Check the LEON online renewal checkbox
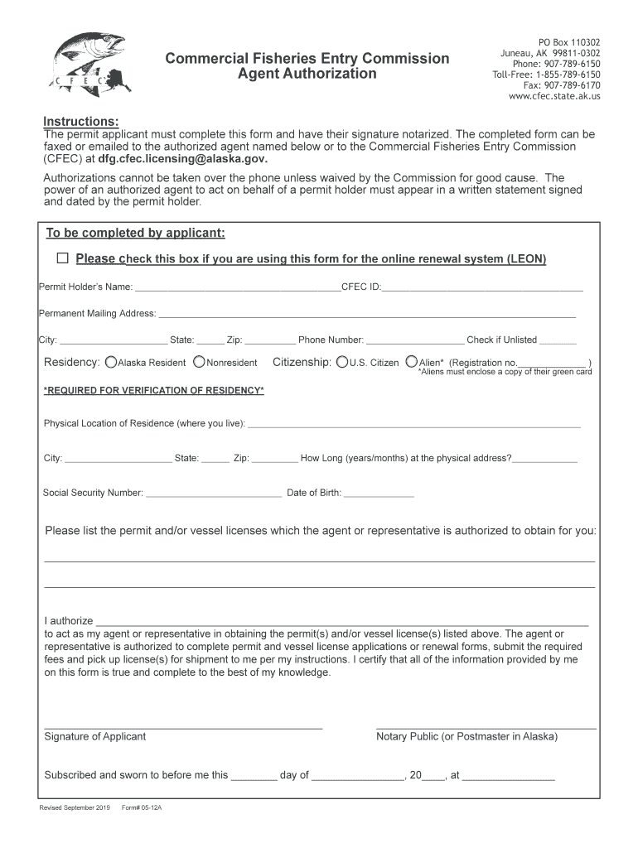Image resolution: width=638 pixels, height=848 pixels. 63,258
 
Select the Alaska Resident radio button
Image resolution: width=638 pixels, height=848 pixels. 111,362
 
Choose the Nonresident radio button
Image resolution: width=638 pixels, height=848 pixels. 199,362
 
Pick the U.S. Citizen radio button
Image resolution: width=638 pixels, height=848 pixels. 341,362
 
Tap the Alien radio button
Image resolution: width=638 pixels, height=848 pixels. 412,362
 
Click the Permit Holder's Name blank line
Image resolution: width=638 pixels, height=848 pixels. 237,289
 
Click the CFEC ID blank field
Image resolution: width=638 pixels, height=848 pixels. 482,289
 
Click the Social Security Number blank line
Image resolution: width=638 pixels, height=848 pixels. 214,494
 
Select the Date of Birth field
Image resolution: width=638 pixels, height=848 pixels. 379,494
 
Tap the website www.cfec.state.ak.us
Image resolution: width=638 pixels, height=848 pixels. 554,96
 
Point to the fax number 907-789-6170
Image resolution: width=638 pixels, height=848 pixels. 562,85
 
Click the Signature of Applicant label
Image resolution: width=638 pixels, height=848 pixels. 94,736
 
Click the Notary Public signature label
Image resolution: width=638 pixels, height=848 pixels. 466,736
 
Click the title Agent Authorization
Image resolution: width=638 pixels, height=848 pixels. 307,74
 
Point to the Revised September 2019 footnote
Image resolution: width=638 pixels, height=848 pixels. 69,807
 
